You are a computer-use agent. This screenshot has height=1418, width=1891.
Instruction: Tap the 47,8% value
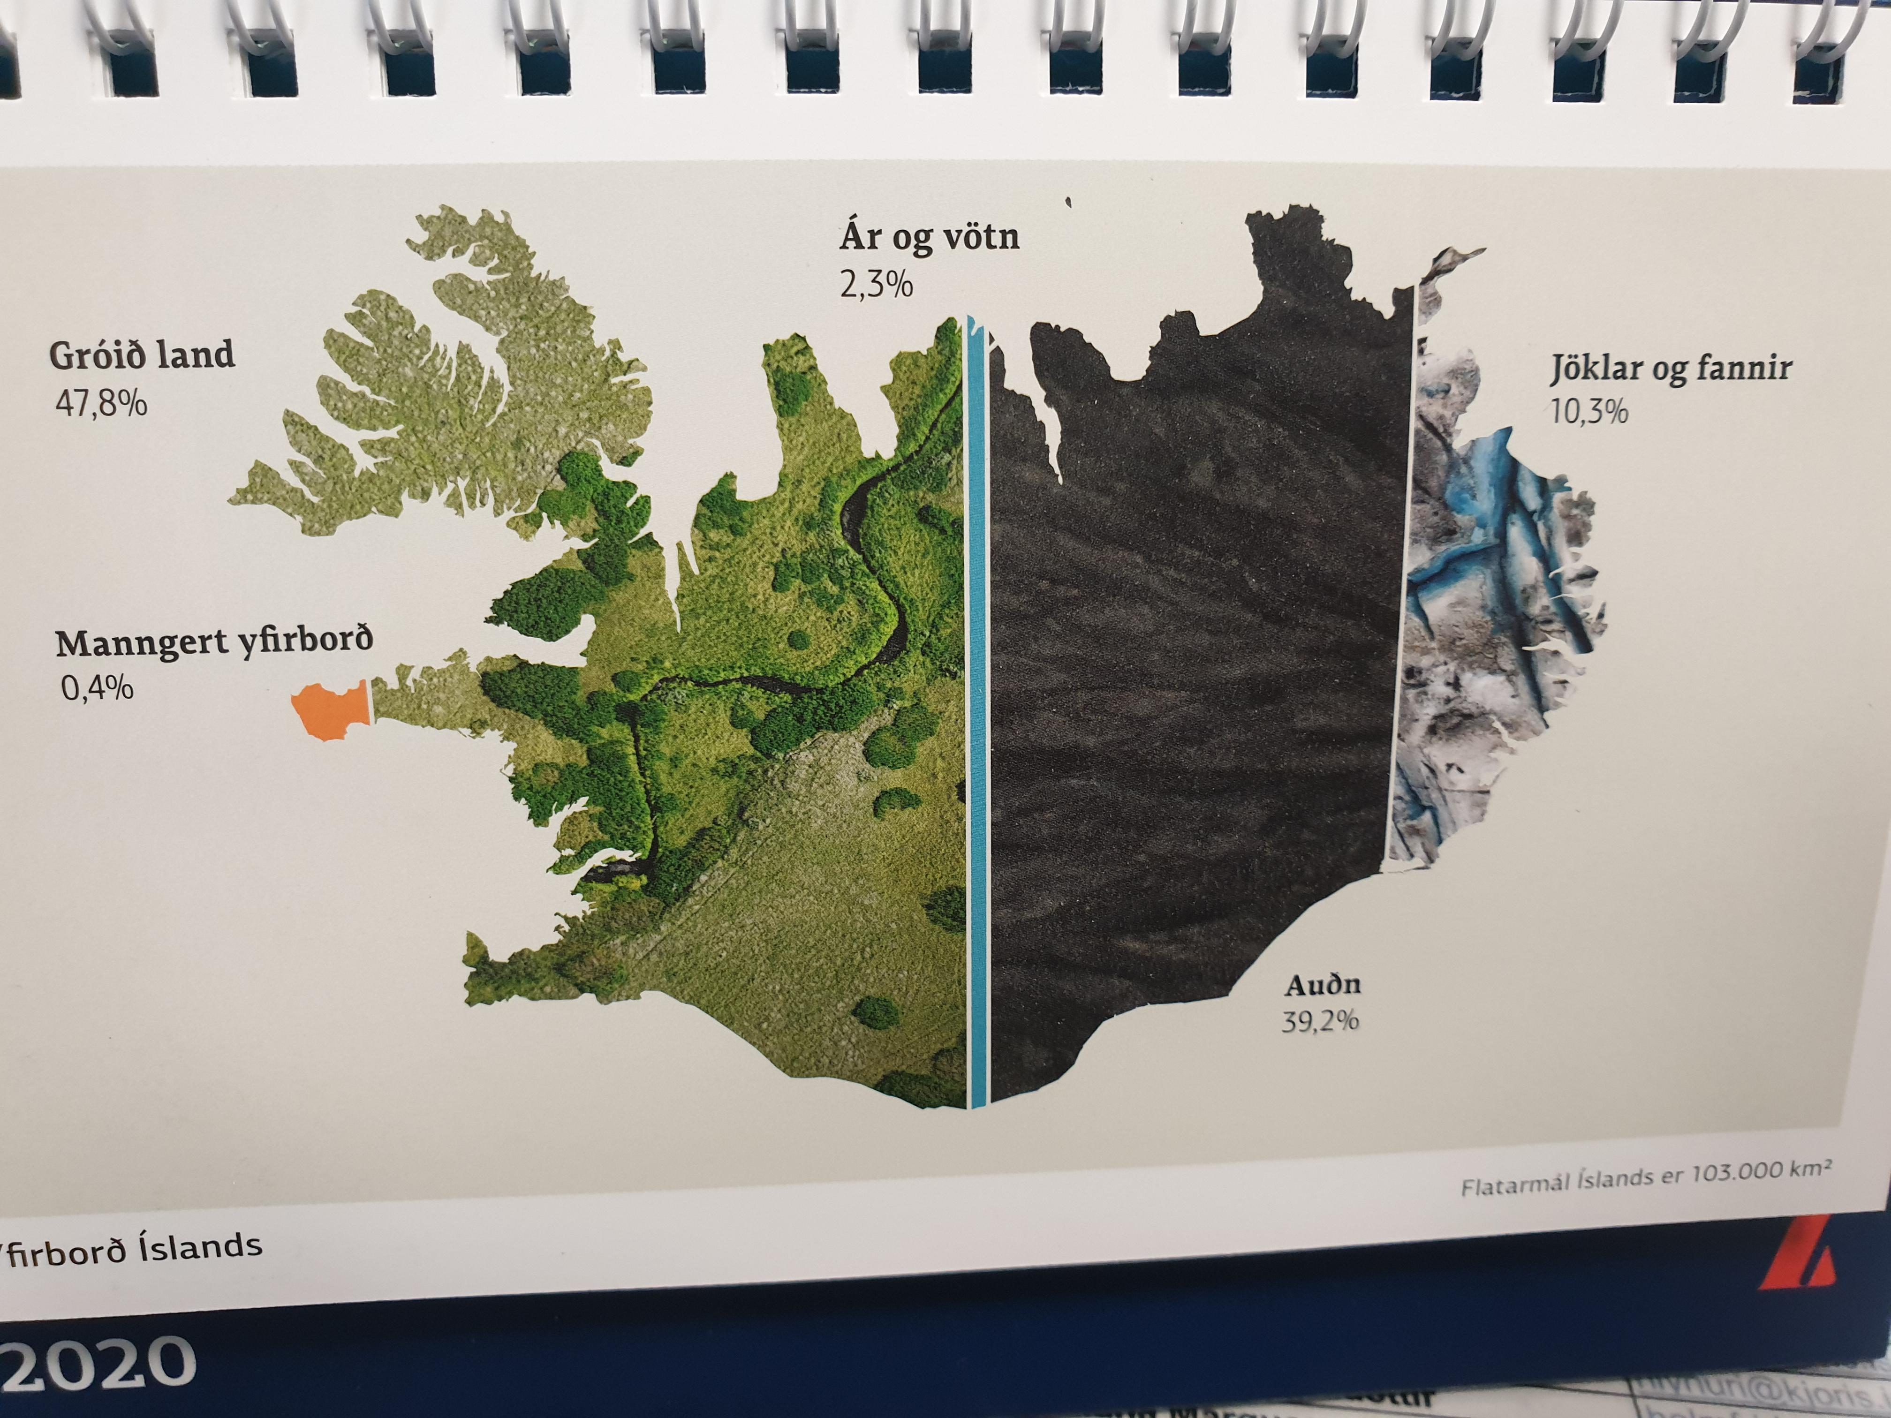(x=101, y=403)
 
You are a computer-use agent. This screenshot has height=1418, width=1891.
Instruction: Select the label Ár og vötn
(x=929, y=237)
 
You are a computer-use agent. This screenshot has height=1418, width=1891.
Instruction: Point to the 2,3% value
(x=876, y=285)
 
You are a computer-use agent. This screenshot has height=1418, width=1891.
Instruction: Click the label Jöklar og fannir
(x=1671, y=369)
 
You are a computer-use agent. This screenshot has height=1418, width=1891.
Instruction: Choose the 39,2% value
(x=1320, y=1021)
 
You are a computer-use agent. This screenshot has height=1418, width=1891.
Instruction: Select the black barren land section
(x=1197, y=641)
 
